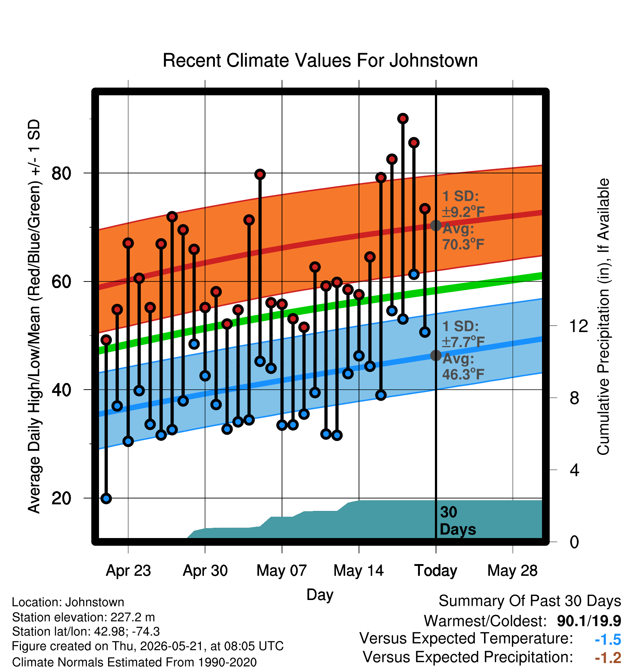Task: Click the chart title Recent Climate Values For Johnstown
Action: (x=320, y=60)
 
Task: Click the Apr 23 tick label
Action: (x=128, y=571)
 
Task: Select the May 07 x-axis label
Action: (x=282, y=571)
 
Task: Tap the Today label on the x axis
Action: (x=436, y=571)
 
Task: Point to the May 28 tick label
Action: (x=512, y=571)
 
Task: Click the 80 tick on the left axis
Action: (x=62, y=173)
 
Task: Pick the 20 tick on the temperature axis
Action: (x=62, y=498)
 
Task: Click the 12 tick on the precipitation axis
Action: (x=579, y=326)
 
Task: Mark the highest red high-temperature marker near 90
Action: (x=403, y=118)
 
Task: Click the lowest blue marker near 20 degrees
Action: (x=106, y=498)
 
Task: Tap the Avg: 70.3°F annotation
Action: (x=464, y=236)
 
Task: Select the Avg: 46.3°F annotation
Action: (x=464, y=366)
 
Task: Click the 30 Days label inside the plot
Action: (x=458, y=521)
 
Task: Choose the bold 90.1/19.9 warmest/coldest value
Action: (x=589, y=621)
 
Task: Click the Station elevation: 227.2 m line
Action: (x=84, y=617)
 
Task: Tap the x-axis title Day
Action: (x=320, y=595)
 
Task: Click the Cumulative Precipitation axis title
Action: (x=603, y=317)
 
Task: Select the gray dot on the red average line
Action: (x=436, y=225)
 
